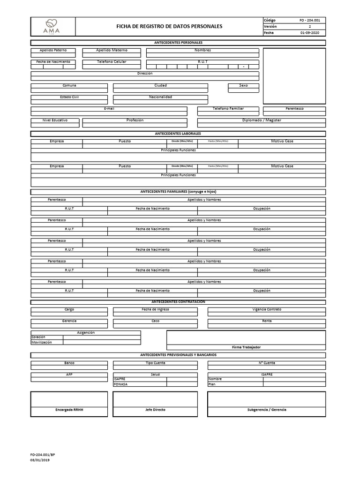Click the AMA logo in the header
point(52,26)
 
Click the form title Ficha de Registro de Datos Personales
point(169,27)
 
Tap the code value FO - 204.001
point(309,21)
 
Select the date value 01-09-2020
point(309,33)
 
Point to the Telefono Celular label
point(112,62)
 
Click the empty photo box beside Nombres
point(294,76)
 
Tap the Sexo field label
point(243,86)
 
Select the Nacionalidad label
point(160,97)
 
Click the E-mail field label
point(109,109)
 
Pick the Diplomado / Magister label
point(262,120)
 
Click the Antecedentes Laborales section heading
point(178,134)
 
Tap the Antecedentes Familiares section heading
point(178,192)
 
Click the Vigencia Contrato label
point(266,309)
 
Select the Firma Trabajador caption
point(246,347)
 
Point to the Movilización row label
point(41,342)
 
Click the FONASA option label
point(120,384)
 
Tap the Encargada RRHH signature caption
point(69,410)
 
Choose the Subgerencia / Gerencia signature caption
point(266,410)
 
